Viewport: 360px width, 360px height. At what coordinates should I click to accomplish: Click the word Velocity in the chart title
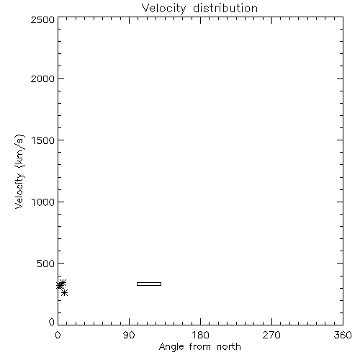pos(164,9)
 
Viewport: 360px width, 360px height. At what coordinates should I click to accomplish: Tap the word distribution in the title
pos(225,8)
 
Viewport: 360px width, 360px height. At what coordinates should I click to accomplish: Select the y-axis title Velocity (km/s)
pos(19,172)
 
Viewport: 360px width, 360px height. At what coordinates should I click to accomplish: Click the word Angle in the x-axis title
pos(171,347)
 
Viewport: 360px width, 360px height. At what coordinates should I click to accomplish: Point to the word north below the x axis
pos(229,346)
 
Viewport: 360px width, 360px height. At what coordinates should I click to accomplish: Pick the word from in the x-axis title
pos(200,346)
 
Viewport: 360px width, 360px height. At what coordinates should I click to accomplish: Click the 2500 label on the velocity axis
pos(42,20)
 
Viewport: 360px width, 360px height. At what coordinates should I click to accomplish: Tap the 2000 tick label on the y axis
pos(42,78)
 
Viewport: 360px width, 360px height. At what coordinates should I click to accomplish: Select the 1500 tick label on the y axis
pos(43,140)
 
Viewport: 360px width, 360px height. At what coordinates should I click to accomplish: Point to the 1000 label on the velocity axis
pos(43,202)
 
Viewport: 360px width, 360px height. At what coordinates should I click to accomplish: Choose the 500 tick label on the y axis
pos(45,264)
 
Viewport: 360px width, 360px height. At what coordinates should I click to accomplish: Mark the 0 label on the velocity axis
pos(52,322)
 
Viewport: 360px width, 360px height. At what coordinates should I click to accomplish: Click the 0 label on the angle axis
pos(58,335)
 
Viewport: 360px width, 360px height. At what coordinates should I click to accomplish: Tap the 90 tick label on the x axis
pos(129,335)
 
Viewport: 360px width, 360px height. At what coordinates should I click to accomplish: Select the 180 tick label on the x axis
pos(200,335)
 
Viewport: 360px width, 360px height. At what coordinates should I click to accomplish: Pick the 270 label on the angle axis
pos(271,335)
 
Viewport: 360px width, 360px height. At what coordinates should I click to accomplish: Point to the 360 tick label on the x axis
pos(343,335)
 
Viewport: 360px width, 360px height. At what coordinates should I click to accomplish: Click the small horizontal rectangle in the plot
pos(149,282)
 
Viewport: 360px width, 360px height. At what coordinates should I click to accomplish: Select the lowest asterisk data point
pos(64,292)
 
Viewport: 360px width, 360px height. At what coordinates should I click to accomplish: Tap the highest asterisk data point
pos(63,283)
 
